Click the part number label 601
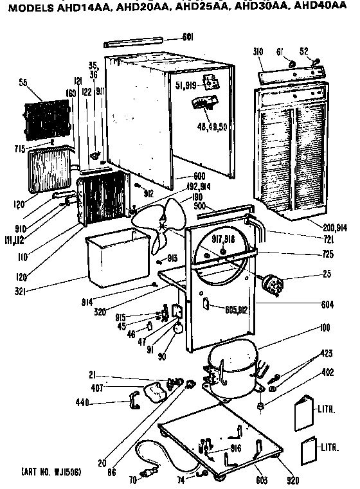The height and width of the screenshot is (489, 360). coord(188,37)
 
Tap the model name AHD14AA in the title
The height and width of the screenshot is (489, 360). coord(81,8)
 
